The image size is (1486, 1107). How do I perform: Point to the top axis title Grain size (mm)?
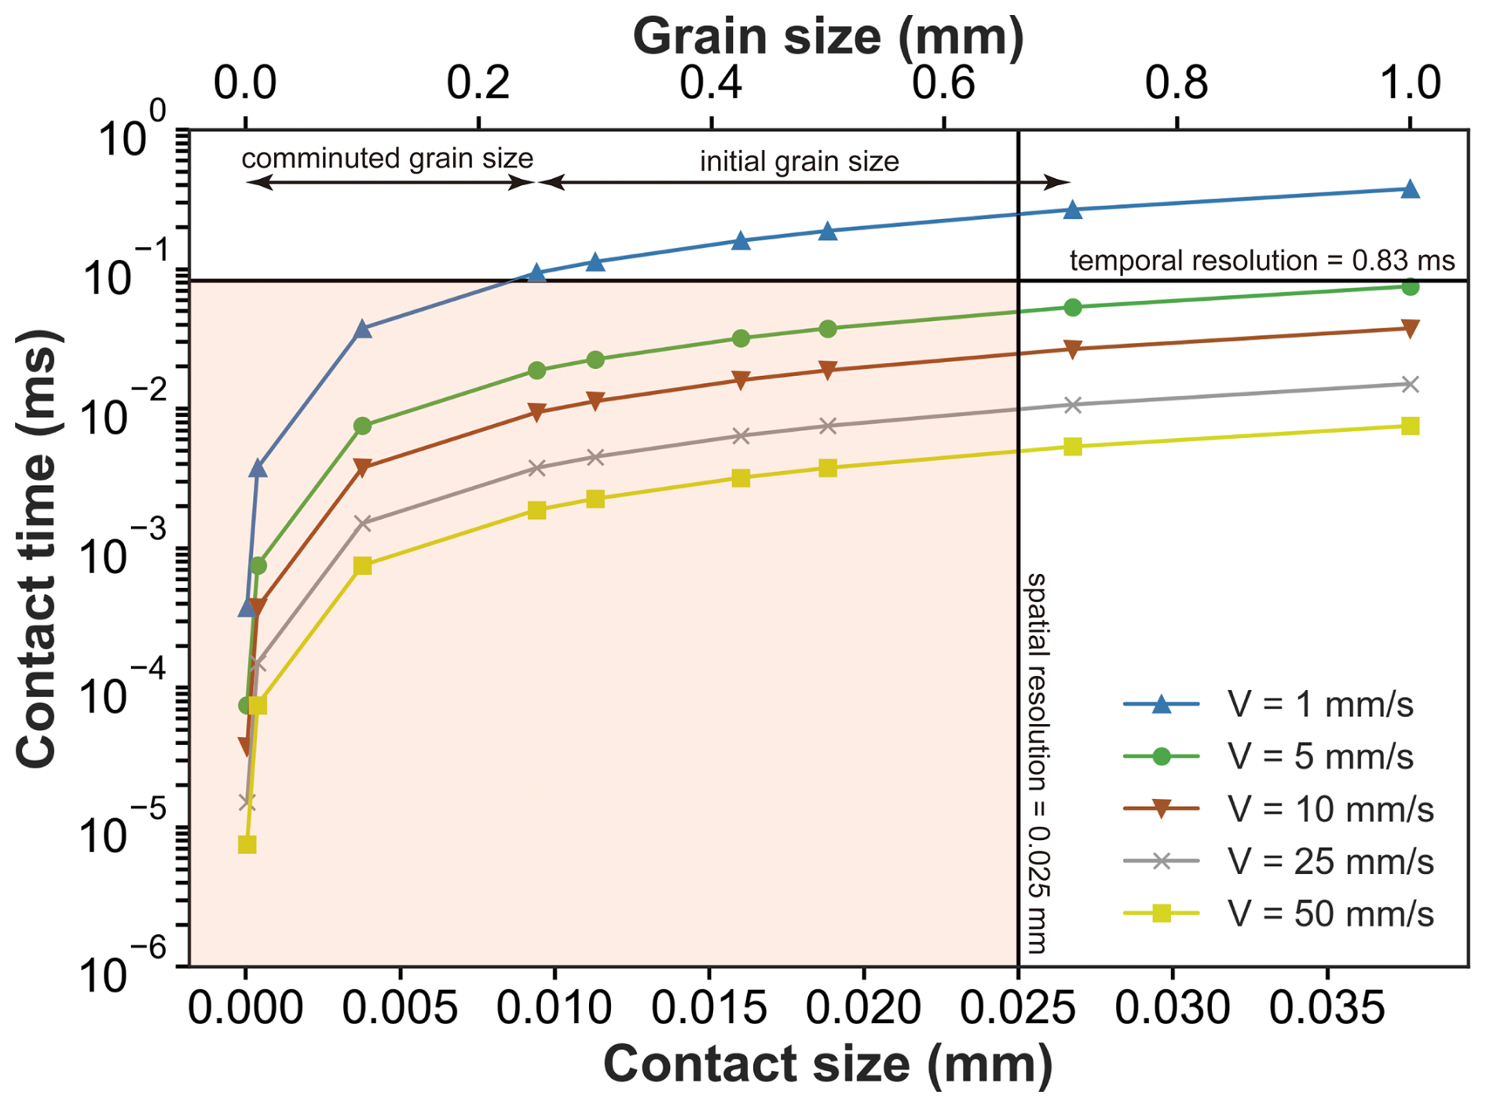click(x=828, y=36)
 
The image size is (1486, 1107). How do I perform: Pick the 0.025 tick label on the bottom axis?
click(x=1017, y=1007)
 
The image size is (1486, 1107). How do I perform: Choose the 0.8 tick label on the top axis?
click(x=1176, y=82)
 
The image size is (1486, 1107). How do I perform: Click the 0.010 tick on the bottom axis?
click(x=554, y=1007)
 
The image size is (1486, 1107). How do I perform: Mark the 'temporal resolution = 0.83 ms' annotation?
click(x=1261, y=260)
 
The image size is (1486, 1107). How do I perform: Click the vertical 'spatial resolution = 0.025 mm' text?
click(x=1037, y=762)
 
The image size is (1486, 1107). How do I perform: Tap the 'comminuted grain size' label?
click(x=387, y=159)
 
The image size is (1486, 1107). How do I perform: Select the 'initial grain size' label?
click(x=799, y=162)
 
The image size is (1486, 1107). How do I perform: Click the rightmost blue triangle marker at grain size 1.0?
click(x=1410, y=189)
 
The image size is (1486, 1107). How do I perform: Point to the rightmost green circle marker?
click(x=1410, y=287)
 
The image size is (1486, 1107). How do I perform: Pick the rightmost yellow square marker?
click(x=1410, y=426)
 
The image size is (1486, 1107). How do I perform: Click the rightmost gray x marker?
click(x=1410, y=384)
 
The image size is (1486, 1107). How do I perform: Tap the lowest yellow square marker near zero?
click(x=247, y=845)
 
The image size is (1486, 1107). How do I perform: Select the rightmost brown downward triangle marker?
click(x=1410, y=329)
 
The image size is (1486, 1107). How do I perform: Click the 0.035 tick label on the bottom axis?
click(x=1327, y=1007)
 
